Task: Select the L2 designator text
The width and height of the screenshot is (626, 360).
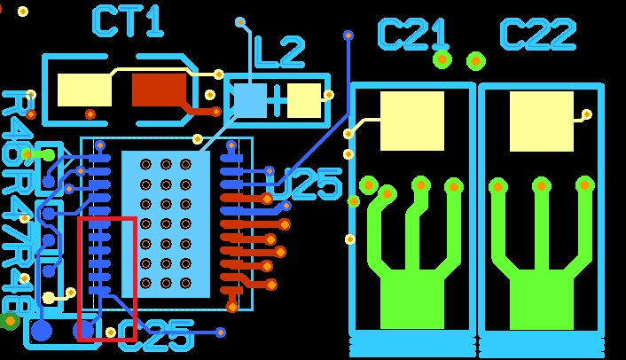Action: [x=278, y=52]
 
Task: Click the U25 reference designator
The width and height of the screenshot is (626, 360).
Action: [x=304, y=184]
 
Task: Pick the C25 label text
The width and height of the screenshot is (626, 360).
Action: [x=156, y=337]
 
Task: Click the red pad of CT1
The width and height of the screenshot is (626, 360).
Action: [x=160, y=90]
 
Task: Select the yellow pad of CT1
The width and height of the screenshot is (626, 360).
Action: [x=84, y=90]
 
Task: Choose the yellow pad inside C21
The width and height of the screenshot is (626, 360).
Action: [x=411, y=121]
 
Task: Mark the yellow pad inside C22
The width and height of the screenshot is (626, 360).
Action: [x=541, y=121]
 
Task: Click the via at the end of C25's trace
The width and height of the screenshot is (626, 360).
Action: [x=221, y=333]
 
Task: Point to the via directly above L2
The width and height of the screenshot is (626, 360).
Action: [x=239, y=21]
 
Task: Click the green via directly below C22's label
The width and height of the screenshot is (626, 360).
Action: [x=476, y=60]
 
